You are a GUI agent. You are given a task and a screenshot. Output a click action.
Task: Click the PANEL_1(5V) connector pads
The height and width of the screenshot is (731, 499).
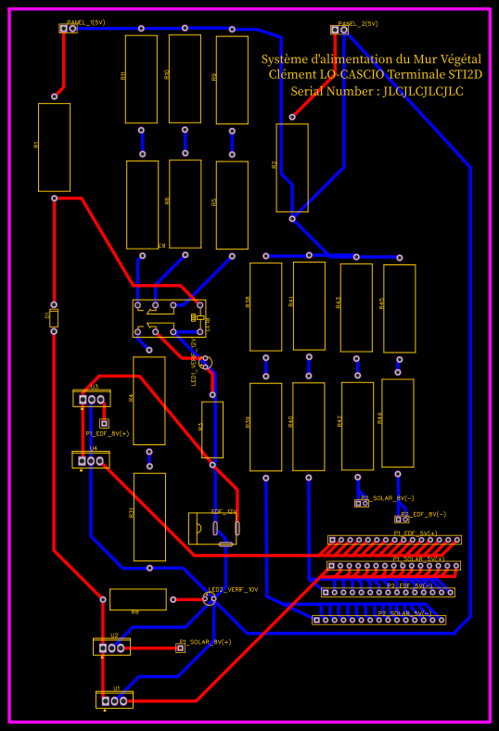click(x=68, y=29)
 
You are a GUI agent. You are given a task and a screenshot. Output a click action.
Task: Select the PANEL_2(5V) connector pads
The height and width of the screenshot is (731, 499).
click(x=339, y=30)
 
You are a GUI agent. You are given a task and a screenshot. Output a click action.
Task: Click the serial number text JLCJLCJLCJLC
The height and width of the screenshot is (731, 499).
click(x=423, y=91)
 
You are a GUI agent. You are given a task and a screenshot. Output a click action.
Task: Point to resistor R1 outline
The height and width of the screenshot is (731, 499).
click(x=54, y=147)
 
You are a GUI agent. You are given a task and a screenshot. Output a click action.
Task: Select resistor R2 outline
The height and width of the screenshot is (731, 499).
click(x=291, y=167)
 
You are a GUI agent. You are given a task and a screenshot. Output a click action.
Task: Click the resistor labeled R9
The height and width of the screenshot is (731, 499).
click(x=232, y=80)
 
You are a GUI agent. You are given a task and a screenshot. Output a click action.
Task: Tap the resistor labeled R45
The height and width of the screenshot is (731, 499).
click(x=399, y=308)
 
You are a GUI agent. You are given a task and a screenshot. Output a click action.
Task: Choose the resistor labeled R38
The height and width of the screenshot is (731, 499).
click(x=265, y=307)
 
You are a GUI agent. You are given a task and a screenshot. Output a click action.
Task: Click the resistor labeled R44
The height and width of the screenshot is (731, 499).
click(x=397, y=422)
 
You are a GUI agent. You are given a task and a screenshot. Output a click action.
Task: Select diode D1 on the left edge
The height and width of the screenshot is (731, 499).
click(x=54, y=317)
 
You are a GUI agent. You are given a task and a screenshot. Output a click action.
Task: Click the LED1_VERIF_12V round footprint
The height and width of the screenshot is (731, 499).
click(x=207, y=363)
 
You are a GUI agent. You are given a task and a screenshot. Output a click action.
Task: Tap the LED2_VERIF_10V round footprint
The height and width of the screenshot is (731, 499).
click(x=210, y=599)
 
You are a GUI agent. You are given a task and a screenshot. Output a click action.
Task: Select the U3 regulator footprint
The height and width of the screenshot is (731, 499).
click(x=92, y=399)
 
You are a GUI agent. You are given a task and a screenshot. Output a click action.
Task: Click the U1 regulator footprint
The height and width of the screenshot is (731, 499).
click(x=114, y=700)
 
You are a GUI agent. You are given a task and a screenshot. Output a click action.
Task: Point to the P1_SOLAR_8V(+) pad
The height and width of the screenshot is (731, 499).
click(x=181, y=648)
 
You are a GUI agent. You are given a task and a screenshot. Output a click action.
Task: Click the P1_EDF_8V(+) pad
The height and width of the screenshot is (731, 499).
click(x=104, y=424)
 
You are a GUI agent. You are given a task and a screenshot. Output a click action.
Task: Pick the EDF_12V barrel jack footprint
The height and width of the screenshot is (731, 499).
click(x=213, y=529)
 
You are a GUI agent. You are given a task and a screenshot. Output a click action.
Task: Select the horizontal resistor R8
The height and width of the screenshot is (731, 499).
click(x=138, y=599)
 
